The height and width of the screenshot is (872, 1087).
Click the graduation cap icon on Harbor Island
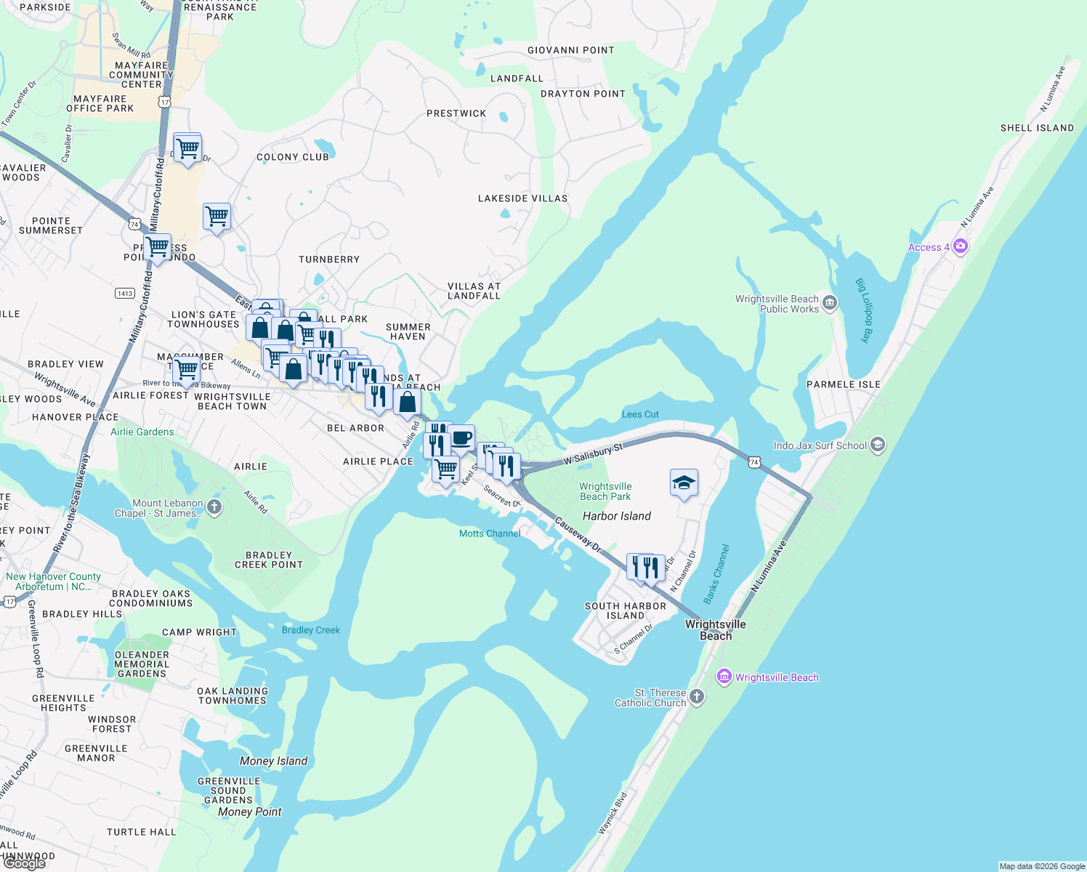tap(684, 483)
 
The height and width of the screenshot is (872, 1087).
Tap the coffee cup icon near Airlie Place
tap(461, 439)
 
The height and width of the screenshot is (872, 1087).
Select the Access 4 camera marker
tap(961, 247)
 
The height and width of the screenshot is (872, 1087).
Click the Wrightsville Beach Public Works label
tap(777, 304)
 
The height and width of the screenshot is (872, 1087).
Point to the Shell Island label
tap(1037, 128)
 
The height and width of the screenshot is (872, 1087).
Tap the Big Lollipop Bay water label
tap(865, 310)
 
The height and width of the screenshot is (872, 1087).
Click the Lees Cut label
tap(640, 414)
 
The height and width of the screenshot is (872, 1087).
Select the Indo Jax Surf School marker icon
tap(878, 445)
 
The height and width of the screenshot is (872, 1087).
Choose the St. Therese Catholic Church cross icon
tap(696, 697)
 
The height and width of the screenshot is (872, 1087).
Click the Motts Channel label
tap(490, 533)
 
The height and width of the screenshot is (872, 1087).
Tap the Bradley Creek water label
tap(311, 630)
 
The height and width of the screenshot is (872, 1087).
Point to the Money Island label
tap(274, 761)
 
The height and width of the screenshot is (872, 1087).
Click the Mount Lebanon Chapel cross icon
tap(214, 507)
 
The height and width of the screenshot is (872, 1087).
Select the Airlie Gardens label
tap(142, 432)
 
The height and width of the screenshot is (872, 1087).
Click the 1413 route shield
tap(125, 294)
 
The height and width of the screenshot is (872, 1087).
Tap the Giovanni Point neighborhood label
tap(571, 50)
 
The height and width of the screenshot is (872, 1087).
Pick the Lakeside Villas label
tap(522, 198)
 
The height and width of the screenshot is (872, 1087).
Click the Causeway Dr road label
tap(578, 535)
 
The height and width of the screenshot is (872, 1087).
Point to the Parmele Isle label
tap(843, 384)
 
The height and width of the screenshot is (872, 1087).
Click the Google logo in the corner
tap(25, 863)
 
